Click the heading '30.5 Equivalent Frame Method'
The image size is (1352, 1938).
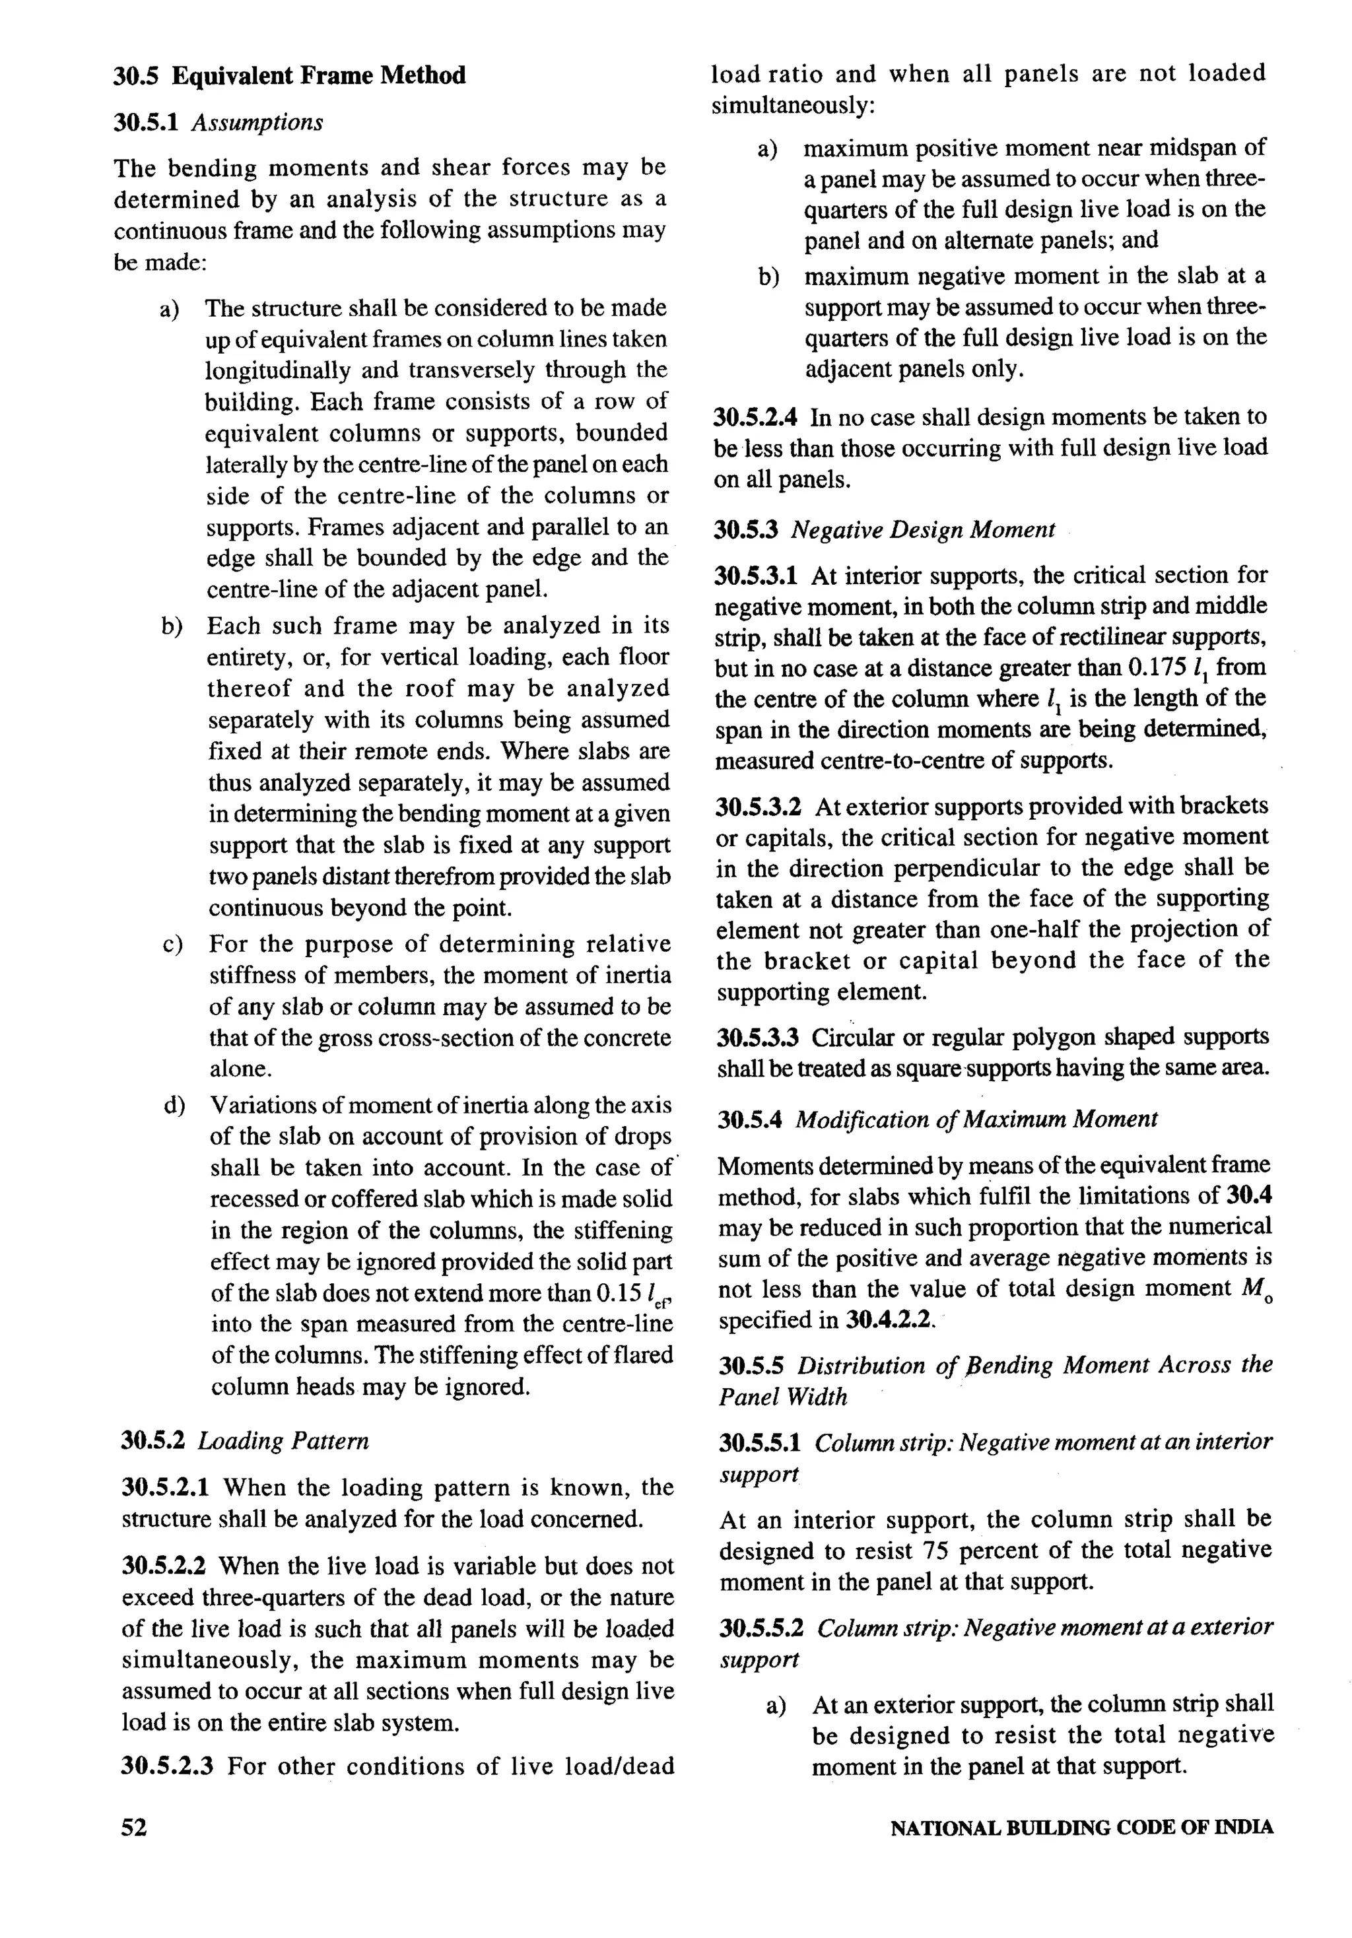coord(289,76)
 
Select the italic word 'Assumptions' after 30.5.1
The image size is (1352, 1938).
coord(257,123)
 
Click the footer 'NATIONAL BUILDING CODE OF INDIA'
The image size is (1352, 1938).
coord(1082,1828)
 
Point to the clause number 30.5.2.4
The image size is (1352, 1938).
coord(757,417)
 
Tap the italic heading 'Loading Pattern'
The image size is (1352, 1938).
coord(284,1441)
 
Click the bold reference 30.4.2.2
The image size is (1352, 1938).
coord(889,1320)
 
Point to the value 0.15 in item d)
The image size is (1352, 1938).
coord(618,1294)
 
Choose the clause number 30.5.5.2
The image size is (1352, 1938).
coord(763,1627)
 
